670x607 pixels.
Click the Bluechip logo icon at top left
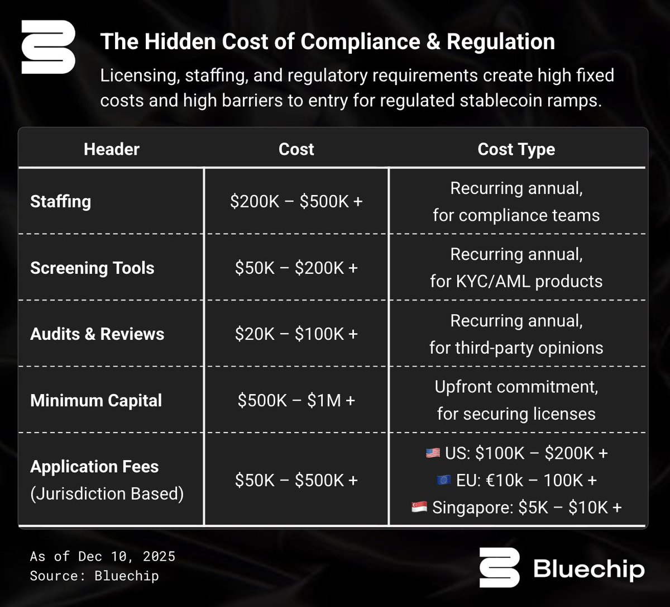pos(48,47)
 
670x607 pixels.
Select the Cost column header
pos(296,149)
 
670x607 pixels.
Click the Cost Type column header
pos(516,149)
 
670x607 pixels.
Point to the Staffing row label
pos(60,201)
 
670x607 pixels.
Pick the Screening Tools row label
pos(92,268)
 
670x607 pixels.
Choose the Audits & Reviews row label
pos(97,334)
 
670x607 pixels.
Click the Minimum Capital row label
pos(96,400)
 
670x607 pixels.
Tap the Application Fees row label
pos(94,467)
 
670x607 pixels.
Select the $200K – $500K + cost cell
pos(296,201)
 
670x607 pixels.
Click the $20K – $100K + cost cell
pos(296,334)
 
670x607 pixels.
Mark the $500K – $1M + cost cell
pos(296,400)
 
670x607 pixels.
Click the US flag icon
pos(433,453)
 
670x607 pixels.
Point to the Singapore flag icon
pos(419,508)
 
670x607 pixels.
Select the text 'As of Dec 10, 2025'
pos(103,556)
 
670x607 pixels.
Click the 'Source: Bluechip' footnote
pos(94,576)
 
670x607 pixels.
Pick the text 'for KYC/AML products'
pos(516,281)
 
